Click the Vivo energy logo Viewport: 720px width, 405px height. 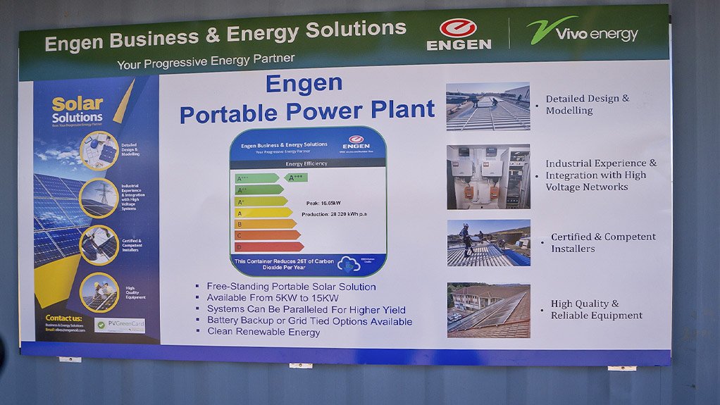[x=582, y=32]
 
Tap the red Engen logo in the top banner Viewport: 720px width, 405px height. [x=459, y=35]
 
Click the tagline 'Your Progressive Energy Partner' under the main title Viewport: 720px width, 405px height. [x=206, y=62]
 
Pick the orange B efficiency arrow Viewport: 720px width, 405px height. [x=265, y=224]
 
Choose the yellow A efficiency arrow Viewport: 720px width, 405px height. [x=263, y=212]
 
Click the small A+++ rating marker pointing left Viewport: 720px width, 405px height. [x=296, y=177]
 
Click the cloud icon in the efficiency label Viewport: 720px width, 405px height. [x=349, y=264]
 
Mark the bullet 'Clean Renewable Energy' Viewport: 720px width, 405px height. [x=263, y=332]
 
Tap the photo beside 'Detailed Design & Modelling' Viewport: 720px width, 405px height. [x=488, y=106]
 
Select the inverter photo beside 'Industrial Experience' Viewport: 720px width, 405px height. [x=488, y=177]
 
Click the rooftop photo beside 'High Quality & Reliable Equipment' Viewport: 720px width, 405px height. [x=488, y=310]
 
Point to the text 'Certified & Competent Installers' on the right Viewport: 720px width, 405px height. [x=602, y=242]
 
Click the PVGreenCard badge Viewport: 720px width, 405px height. [x=120, y=325]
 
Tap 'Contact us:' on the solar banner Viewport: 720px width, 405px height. [x=63, y=318]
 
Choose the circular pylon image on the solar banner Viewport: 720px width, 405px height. [x=99, y=197]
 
